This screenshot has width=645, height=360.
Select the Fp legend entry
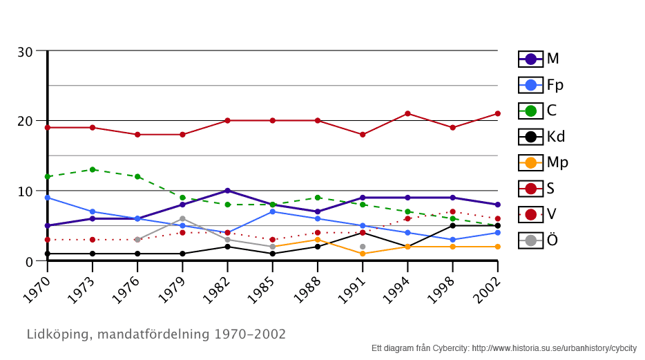tap(541, 85)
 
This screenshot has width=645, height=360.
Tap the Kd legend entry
tap(542, 137)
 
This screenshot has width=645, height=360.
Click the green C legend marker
tap(530, 111)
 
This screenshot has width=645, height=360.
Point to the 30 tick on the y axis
tap(26, 52)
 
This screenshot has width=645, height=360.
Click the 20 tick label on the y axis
tap(26, 122)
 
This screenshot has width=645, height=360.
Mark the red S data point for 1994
tap(407, 113)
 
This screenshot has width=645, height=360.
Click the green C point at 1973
tap(93, 169)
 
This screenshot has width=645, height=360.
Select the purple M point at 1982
tap(227, 191)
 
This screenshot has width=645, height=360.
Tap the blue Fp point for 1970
tap(48, 198)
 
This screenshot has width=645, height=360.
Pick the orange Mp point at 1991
tap(363, 254)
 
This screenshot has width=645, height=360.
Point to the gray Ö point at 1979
tap(182, 219)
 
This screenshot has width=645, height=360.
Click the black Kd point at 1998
tap(452, 226)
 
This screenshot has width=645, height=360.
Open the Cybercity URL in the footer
tap(554, 348)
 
